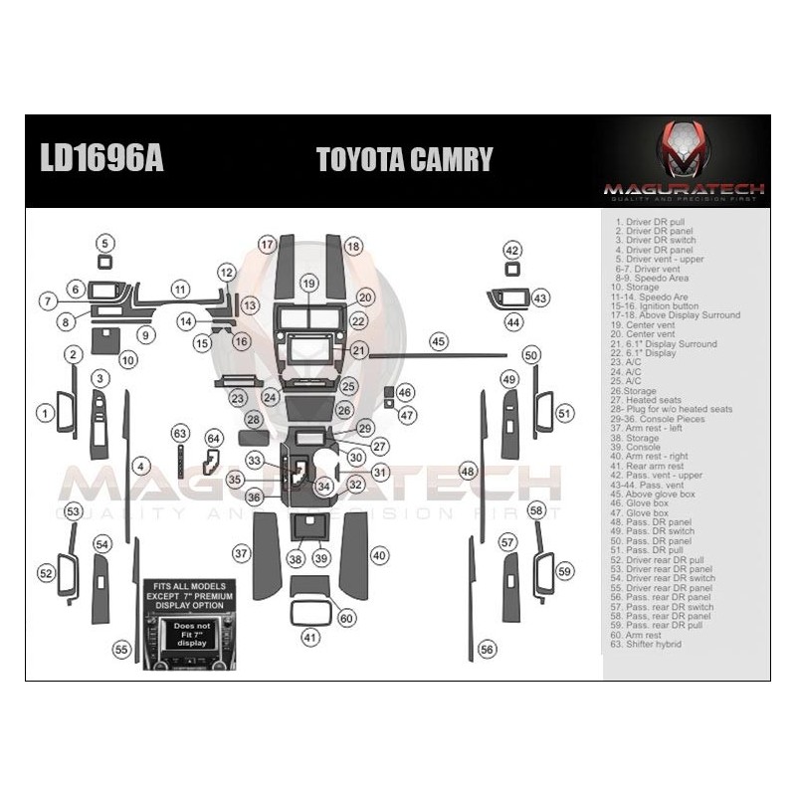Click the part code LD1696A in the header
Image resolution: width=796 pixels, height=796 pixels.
coord(100,159)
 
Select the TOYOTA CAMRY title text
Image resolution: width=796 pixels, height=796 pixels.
coord(404,160)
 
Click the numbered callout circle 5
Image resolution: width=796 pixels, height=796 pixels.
coord(105,243)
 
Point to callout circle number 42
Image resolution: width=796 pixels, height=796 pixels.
coord(511,250)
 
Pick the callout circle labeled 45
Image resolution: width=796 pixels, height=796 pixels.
coord(439,341)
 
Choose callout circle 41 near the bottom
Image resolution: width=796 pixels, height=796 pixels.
coord(311,637)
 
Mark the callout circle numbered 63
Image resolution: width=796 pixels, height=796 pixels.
coord(179,433)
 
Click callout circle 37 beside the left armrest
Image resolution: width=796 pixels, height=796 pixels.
coord(240,552)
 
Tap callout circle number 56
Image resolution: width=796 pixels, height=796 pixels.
coord(487,649)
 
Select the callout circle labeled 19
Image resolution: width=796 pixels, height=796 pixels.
coord(308,284)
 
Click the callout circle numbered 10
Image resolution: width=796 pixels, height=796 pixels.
coord(127,360)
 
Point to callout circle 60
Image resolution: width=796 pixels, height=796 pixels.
coord(346,618)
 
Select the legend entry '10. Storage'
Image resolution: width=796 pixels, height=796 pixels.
coord(637,287)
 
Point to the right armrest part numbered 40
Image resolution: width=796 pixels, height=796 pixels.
coord(355,554)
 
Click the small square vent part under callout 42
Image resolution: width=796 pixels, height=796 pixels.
coord(511,270)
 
